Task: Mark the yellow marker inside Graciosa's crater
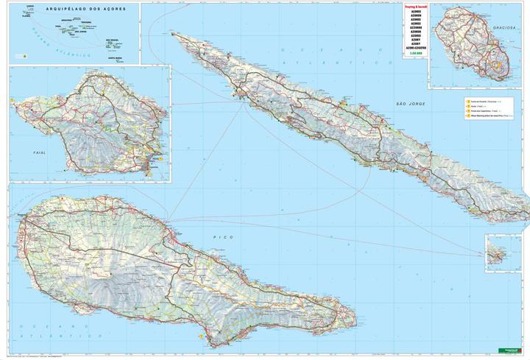(x=497, y=64)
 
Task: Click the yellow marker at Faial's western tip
(x=13, y=101)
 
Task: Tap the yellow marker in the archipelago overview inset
(x=24, y=55)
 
